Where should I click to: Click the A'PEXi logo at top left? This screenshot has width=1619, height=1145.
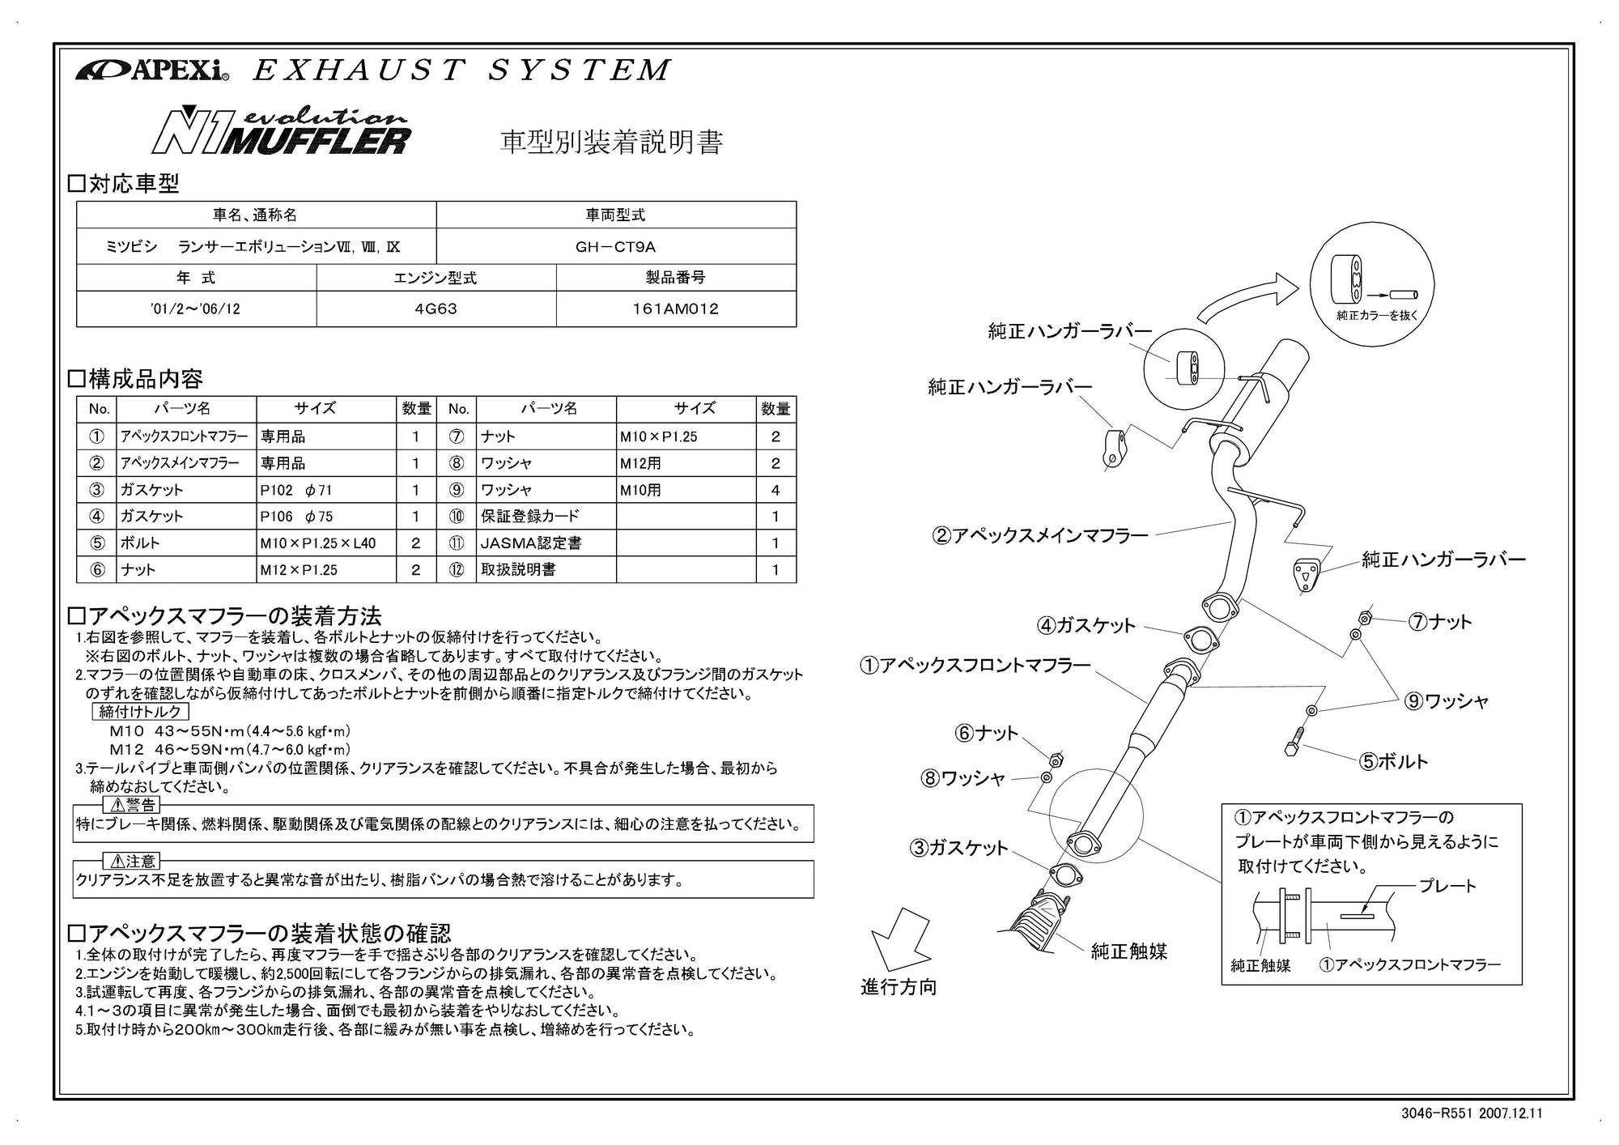pyautogui.click(x=152, y=70)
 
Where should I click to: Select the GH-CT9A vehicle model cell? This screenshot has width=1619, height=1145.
pyautogui.click(x=615, y=246)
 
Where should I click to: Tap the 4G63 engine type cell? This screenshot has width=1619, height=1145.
pyautogui.click(x=436, y=309)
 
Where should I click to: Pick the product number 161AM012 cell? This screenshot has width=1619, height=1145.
pyautogui.click(x=675, y=309)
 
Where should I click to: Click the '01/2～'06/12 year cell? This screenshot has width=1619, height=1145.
pyautogui.click(x=196, y=309)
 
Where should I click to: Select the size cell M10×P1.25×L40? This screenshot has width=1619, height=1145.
pyautogui.click(x=318, y=543)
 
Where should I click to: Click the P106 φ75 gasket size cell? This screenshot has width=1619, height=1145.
pyautogui.click(x=296, y=517)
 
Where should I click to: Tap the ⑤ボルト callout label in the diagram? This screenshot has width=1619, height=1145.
pyautogui.click(x=1393, y=761)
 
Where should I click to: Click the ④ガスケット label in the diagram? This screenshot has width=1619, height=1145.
pyautogui.click(x=1086, y=625)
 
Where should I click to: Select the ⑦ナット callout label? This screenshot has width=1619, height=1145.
pyautogui.click(x=1440, y=622)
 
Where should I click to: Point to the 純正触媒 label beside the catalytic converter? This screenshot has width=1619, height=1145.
pyautogui.click(x=1128, y=951)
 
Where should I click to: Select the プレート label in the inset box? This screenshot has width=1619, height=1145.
pyautogui.click(x=1447, y=886)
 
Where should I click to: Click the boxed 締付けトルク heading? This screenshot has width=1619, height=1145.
pyautogui.click(x=140, y=712)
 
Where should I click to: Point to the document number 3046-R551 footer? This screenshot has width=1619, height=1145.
pyautogui.click(x=1471, y=1113)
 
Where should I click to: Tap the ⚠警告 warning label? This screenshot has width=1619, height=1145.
pyautogui.click(x=132, y=805)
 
